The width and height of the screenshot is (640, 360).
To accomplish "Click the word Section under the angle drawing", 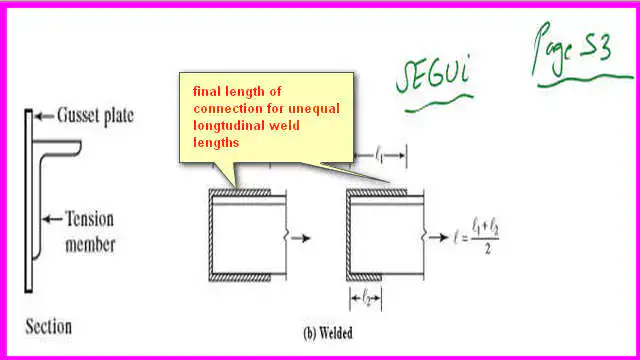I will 48,325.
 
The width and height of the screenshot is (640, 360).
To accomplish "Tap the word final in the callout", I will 207,91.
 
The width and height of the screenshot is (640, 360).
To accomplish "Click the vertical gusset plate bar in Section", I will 28,200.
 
